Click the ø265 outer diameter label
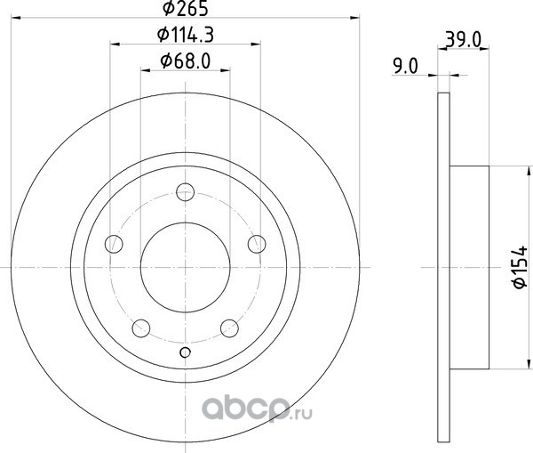pos(186,8)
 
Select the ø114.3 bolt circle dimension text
pos(186,35)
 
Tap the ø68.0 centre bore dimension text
pos(186,61)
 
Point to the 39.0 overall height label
pos(464,40)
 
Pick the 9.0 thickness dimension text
pos(405,66)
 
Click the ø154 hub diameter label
pos(520,267)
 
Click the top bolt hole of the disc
pos(186,191)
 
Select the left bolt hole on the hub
pos(114,244)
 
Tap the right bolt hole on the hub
pos(257,244)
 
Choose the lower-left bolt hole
pos(141,328)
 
